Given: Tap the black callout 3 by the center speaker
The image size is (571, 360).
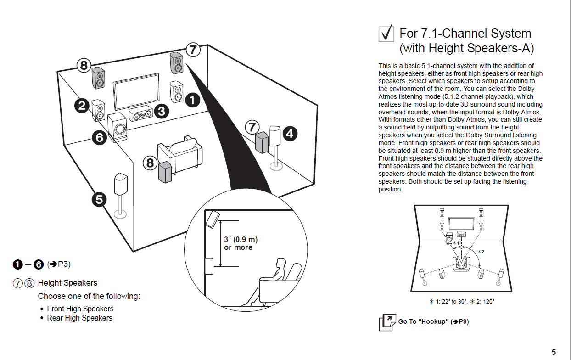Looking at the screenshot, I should pos(161,110).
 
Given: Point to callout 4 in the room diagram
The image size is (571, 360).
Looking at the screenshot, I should pos(290,134).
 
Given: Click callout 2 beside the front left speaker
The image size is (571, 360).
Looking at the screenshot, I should pos(82,106).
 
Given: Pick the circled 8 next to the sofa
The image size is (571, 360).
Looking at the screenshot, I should pos(150,163).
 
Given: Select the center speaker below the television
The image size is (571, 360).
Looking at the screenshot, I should pos(140,113).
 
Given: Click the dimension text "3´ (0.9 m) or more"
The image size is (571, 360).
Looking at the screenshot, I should pos(240,243).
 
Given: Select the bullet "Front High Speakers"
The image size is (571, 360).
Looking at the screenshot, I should pos(80,309).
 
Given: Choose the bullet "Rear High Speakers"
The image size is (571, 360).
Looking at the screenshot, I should pos(79,318).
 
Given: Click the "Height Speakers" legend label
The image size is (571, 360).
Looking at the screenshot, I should pos(67,283).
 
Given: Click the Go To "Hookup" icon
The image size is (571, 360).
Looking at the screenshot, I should pos(386,322).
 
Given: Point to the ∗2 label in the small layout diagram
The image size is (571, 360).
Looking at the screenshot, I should pos(481,252).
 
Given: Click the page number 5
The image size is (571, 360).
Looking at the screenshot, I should pos(554,352).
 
